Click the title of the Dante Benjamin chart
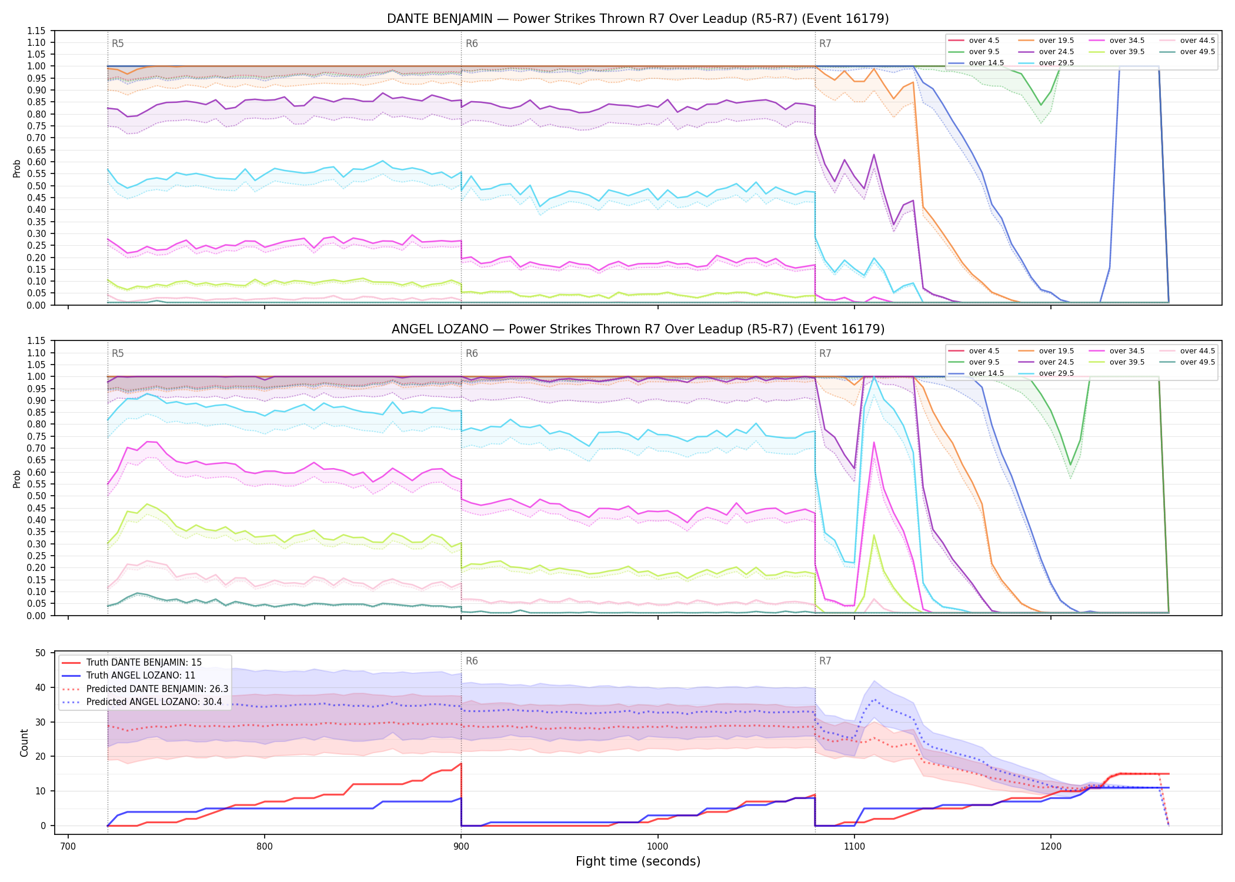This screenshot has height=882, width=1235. pos(638,19)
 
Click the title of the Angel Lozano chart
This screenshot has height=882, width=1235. pos(638,329)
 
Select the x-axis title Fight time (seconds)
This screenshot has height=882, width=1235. pos(638,861)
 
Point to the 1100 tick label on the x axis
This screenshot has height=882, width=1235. pos(854,846)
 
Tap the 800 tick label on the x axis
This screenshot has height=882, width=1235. pos(265,846)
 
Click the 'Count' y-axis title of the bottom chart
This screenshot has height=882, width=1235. pos(24,743)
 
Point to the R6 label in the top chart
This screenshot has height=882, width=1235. pos(472,44)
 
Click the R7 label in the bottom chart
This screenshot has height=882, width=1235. pos(825,661)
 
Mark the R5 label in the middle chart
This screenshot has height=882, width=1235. pos(118,353)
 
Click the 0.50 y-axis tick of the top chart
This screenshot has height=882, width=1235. pos(36,186)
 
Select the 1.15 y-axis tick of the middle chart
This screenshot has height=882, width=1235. pos(36,341)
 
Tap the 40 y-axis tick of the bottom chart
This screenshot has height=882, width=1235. pos(41,687)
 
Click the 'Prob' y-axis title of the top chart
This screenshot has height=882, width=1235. pos(17,168)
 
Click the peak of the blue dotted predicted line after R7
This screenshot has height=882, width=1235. pos(874,700)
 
